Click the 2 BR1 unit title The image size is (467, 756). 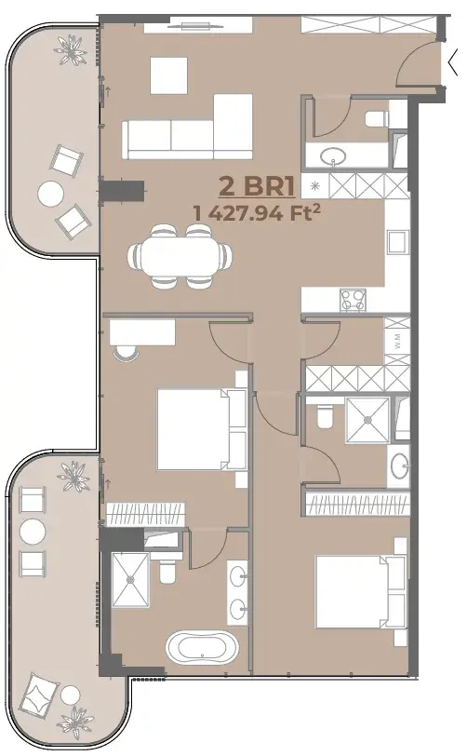[x=256, y=186]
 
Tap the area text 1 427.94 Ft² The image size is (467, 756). [x=257, y=212]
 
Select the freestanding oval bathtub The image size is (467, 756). [x=203, y=647]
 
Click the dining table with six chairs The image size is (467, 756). [x=180, y=256]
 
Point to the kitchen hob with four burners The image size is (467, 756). [x=353, y=300]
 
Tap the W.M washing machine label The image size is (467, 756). [x=396, y=342]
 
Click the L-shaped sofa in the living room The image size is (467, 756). [x=187, y=127]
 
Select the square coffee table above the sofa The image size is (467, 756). [x=168, y=75]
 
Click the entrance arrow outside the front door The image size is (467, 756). [x=453, y=62]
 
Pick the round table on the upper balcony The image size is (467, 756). [x=50, y=194]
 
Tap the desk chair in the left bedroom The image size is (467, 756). [x=127, y=353]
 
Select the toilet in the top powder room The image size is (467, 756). [x=377, y=118]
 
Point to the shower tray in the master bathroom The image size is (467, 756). [x=130, y=580]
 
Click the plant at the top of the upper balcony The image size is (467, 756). [x=73, y=49]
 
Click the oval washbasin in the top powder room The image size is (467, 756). [x=333, y=155]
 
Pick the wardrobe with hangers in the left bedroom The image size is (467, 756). [x=145, y=514]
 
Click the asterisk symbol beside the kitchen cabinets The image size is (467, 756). [x=315, y=185]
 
